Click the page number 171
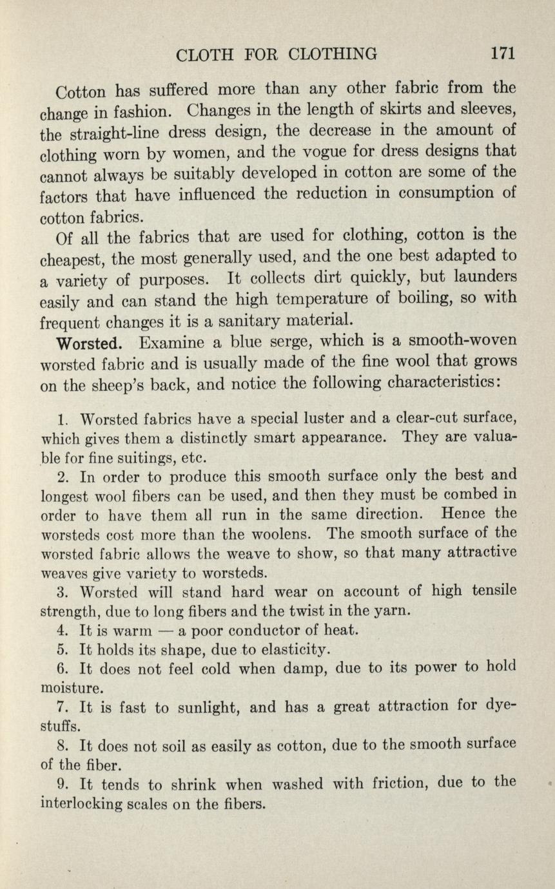(502, 53)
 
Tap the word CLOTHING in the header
(333, 54)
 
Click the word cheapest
(72, 259)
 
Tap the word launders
(483, 278)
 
